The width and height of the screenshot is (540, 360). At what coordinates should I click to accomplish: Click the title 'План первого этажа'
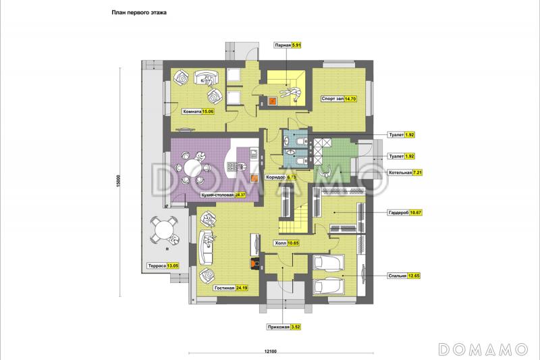pos(139,12)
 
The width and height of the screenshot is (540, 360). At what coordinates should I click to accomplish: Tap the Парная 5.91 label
pos(288,45)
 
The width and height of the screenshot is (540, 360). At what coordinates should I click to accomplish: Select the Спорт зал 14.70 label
pos(339,99)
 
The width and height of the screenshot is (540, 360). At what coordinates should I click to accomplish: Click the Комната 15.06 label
pos(198,111)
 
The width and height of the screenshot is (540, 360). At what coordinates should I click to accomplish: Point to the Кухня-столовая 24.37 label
pos(223,195)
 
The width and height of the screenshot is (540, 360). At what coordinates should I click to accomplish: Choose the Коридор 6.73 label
pos(281,178)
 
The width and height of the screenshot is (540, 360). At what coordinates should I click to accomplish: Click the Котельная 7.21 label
pos(405,173)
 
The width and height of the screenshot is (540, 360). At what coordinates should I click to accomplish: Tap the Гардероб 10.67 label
pos(404,213)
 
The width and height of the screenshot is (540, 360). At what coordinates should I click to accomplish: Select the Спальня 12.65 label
pos(404,276)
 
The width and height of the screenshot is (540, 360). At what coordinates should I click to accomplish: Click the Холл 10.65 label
pos(286,243)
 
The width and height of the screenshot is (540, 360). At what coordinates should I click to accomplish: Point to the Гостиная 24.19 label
pos(231,288)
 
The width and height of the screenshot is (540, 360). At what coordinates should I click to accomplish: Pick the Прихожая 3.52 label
pos(284,328)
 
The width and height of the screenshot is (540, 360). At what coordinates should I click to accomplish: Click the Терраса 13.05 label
pos(163,266)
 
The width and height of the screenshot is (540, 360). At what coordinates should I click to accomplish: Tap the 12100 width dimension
pos(271,351)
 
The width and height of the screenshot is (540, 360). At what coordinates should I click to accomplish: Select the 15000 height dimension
pos(118,181)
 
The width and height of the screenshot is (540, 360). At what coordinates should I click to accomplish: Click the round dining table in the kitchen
pos(193,168)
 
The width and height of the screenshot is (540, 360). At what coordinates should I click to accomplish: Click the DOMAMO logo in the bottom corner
pos(483,349)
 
